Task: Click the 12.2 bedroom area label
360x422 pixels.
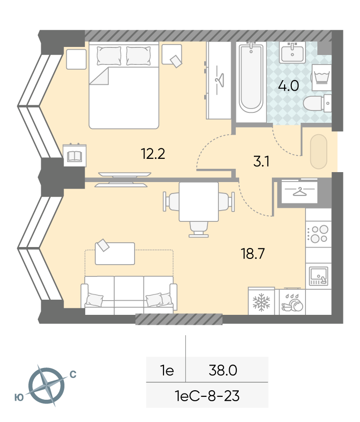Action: [153, 154]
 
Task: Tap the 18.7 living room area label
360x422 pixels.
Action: [253, 254]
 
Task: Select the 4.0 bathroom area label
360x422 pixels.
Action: [288, 86]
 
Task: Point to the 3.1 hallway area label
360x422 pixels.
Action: [261, 162]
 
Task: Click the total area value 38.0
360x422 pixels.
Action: [223, 370]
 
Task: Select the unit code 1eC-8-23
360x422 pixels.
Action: [207, 396]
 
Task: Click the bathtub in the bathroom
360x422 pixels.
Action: [251, 78]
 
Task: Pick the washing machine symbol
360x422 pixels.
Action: [322, 77]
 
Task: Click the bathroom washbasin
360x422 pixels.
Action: [292, 52]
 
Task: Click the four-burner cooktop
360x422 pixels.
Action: [318, 234]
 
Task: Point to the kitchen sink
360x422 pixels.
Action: [319, 275]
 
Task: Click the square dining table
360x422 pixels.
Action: [198, 202]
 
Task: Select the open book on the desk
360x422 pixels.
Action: [74, 156]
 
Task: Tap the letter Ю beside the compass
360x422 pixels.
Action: [19, 397]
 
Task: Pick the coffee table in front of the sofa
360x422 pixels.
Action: [115, 254]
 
